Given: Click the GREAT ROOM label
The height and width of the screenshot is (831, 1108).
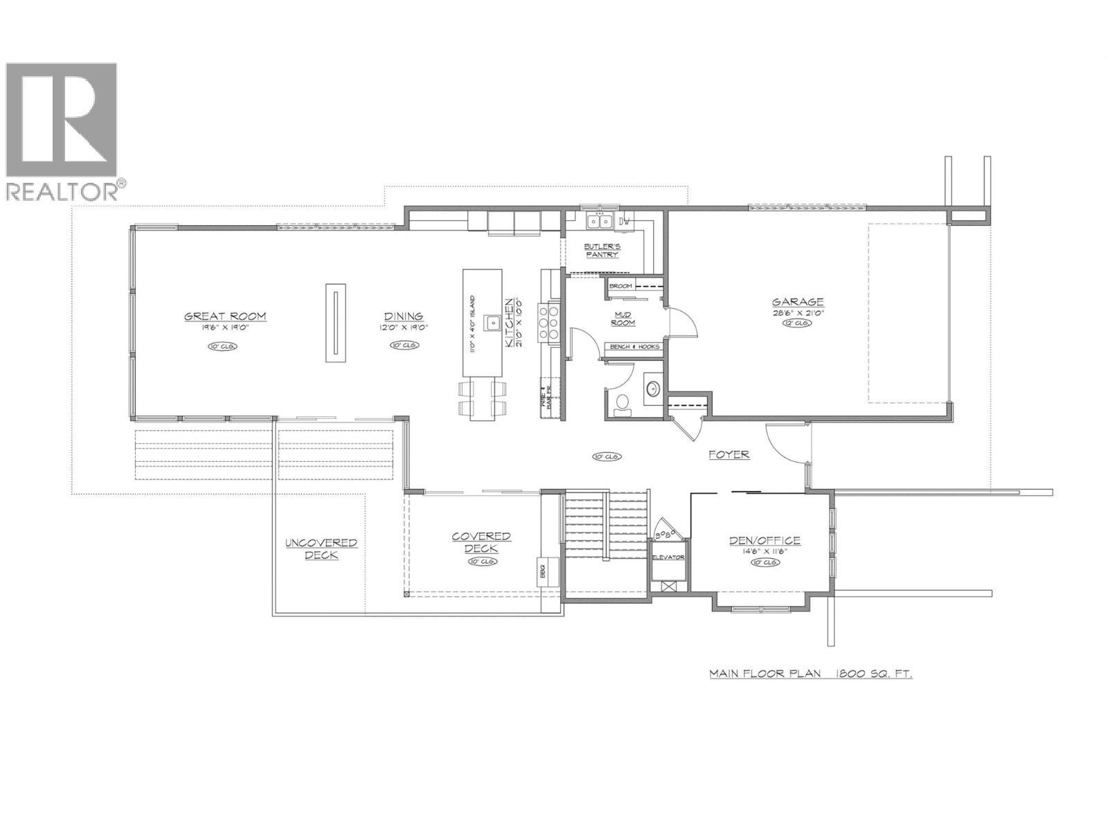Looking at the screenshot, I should point(225,316).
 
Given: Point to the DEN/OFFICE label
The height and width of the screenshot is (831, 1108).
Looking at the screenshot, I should point(765,541).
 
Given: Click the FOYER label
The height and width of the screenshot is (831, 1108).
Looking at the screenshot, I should point(729,455).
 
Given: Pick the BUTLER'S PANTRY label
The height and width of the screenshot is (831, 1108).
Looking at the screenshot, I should point(602,251).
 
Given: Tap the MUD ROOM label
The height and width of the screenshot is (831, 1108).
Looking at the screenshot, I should point(624,319).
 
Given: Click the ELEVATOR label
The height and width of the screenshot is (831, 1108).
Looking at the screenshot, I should point(668,557).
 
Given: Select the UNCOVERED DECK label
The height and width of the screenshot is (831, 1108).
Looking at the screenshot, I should point(321,548).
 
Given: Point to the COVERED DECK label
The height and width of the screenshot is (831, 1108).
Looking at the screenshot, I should point(481,542).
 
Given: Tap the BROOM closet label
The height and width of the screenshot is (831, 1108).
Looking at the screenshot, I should point(620,286).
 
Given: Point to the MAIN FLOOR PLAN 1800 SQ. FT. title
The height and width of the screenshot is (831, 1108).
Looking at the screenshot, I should point(810,673).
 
